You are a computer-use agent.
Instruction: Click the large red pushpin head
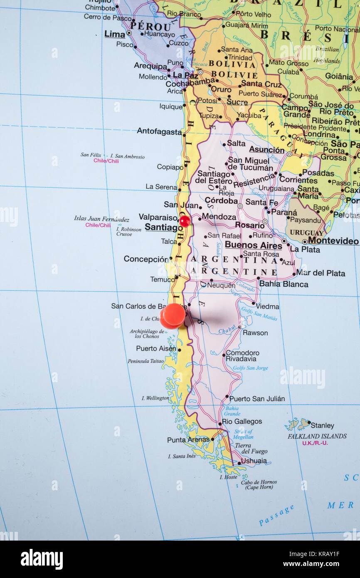tap(173, 316)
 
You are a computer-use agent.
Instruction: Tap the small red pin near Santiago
tap(185, 221)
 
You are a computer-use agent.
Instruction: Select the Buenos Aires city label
tap(253, 245)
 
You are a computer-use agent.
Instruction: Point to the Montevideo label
tap(333, 241)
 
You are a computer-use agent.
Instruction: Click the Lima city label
tap(114, 34)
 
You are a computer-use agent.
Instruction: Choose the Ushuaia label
tap(254, 461)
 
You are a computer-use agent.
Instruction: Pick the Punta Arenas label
tap(188, 440)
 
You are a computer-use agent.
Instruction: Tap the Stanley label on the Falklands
tap(322, 425)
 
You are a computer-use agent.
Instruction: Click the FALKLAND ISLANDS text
tap(317, 436)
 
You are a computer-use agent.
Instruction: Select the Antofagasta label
tap(159, 131)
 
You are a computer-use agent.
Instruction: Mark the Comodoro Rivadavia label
tap(242, 356)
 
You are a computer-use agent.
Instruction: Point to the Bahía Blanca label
tap(284, 284)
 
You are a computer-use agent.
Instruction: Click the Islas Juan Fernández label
tap(101, 219)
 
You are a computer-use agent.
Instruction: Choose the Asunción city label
tap(266, 150)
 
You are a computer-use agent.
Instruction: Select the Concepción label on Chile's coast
tap(145, 259)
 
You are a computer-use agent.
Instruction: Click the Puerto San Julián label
tap(257, 399)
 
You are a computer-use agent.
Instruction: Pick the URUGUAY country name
tap(307, 232)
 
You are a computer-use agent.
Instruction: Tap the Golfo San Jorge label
tap(250, 368)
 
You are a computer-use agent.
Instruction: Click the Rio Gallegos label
tap(242, 421)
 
